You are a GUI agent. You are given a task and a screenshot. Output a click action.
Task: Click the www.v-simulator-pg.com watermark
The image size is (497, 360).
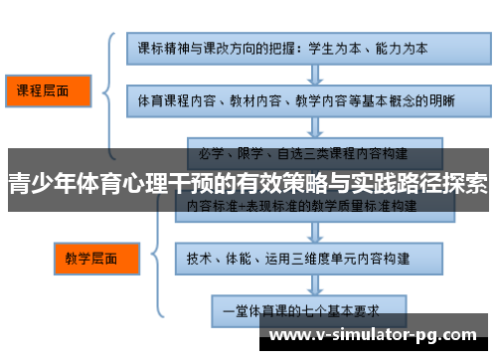point(377,334)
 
